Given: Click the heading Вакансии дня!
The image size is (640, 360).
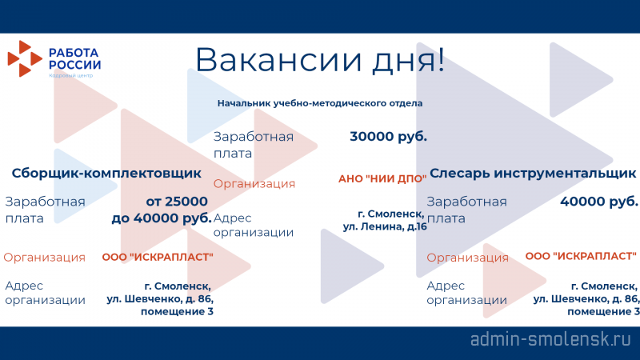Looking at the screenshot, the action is [x=319, y=60].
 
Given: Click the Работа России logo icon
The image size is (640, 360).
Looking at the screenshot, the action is [x=25, y=58].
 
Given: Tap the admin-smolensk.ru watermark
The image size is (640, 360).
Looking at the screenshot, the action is [x=551, y=339].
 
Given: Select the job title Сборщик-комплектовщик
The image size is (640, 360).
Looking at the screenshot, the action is [x=106, y=173].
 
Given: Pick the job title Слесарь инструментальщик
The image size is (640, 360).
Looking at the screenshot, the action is [x=533, y=173].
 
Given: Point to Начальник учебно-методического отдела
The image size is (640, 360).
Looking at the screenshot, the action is [x=319, y=103].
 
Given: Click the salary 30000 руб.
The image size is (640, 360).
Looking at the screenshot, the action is [x=388, y=136].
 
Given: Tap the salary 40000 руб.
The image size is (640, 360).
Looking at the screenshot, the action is [x=598, y=202].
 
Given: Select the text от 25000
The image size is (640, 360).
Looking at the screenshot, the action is [x=177, y=202].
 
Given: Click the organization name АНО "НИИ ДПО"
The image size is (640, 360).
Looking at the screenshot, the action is [x=382, y=178].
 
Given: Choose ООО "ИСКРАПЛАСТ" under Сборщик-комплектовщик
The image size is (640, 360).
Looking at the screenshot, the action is [x=158, y=257].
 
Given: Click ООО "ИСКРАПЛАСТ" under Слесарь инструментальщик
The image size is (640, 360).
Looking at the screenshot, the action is [x=581, y=256].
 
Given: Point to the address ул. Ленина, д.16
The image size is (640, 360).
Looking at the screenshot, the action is [x=385, y=226].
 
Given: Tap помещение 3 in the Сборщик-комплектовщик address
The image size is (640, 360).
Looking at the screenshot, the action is [x=177, y=311].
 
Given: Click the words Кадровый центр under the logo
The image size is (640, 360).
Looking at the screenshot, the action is [x=71, y=75].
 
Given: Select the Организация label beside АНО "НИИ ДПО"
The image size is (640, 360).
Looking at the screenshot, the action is [x=254, y=184].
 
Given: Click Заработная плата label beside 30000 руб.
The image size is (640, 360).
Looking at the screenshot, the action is [x=254, y=145].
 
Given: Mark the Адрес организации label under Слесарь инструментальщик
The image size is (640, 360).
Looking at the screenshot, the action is [x=466, y=293].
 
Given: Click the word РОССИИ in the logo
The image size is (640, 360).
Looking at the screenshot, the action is [x=74, y=65].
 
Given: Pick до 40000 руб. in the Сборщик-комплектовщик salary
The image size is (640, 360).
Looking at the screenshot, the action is [x=162, y=218].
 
